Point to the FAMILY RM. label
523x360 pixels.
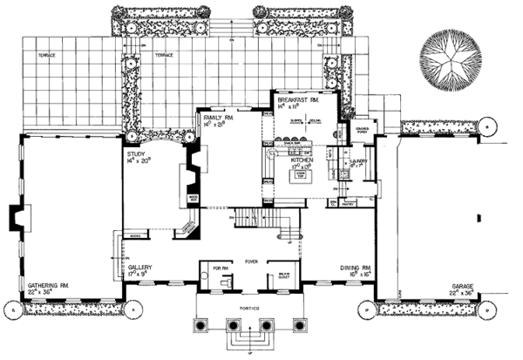(214, 116)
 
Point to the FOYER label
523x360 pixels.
(253, 258)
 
